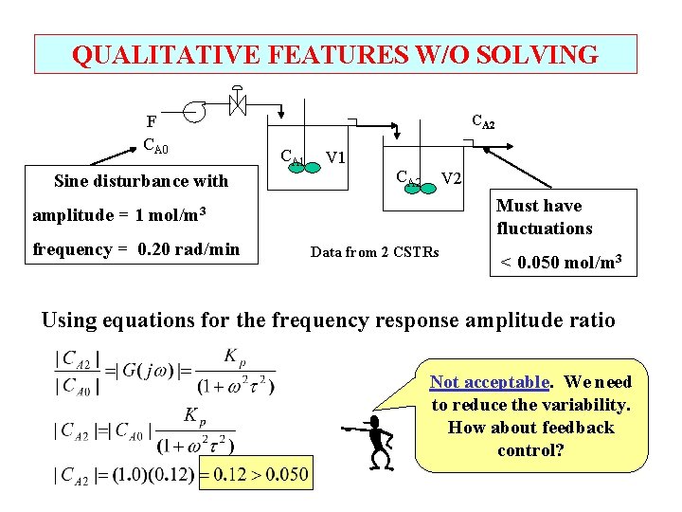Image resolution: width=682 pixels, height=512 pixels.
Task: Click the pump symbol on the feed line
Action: click(195, 110)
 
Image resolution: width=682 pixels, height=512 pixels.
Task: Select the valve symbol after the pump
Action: click(237, 103)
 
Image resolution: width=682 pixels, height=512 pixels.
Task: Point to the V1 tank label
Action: click(335, 156)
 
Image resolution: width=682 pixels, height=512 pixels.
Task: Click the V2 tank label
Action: click(452, 178)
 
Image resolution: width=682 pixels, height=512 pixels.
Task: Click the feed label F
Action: click(151, 121)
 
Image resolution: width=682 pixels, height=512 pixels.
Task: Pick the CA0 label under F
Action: click(155, 145)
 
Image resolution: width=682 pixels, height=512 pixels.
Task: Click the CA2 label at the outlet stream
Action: click(483, 121)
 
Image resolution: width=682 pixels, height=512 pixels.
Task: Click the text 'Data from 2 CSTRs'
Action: click(374, 252)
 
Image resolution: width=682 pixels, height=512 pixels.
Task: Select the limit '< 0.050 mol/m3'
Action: click(565, 260)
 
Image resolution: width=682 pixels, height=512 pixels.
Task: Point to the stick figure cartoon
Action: click(376, 442)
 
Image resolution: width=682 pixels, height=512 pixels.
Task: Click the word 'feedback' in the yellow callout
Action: click(578, 428)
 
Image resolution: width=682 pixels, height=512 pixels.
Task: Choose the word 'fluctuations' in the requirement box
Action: click(544, 229)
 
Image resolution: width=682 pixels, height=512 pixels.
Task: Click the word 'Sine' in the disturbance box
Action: click(72, 180)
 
